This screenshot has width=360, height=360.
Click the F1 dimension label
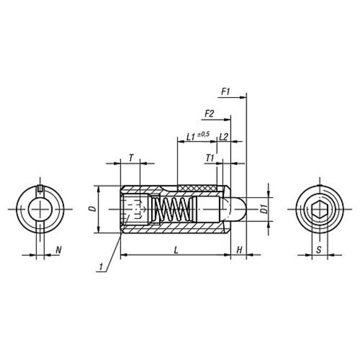(x=226, y=92)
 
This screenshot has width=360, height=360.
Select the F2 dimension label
(x=209, y=114)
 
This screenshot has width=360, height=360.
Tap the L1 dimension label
(x=191, y=137)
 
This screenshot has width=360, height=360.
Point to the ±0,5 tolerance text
(x=203, y=134)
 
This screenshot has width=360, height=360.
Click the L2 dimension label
(x=223, y=137)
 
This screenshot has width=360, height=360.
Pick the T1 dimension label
(x=210, y=158)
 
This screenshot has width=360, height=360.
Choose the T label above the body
(x=131, y=158)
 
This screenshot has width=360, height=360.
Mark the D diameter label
(x=93, y=209)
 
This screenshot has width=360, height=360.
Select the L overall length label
(x=176, y=250)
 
